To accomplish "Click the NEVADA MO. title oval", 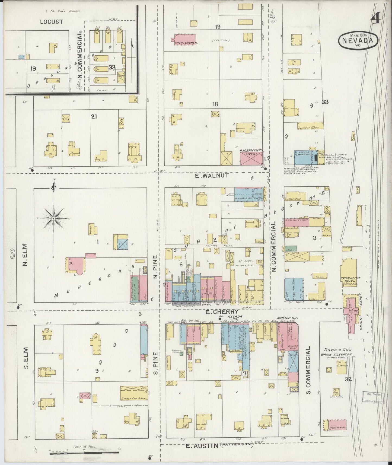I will (358, 40).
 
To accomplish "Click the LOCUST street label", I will (51, 22).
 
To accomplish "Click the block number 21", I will (94, 117).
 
